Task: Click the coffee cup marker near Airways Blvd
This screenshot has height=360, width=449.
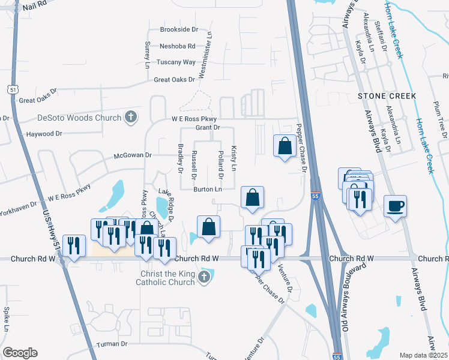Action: tap(395, 206)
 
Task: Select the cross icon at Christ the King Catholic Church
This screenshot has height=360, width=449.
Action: tap(203, 277)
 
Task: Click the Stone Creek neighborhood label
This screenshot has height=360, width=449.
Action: tap(387, 96)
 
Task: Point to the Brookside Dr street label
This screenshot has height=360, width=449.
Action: tap(179, 29)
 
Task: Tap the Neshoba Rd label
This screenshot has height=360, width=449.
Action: tap(178, 46)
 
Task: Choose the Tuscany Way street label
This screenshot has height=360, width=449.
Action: tap(176, 62)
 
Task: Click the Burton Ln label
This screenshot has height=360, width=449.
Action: tap(208, 190)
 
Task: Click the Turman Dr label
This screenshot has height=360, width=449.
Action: tap(112, 344)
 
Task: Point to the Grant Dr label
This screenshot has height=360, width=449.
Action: tap(208, 128)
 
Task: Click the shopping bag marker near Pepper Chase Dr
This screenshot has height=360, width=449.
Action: tap(284, 146)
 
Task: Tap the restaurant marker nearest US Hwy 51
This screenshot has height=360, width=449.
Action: tap(73, 245)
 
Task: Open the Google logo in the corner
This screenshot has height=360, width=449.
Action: tap(20, 353)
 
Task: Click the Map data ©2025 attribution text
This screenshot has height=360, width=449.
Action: tap(423, 355)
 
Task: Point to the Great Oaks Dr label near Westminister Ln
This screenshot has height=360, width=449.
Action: tap(175, 79)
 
